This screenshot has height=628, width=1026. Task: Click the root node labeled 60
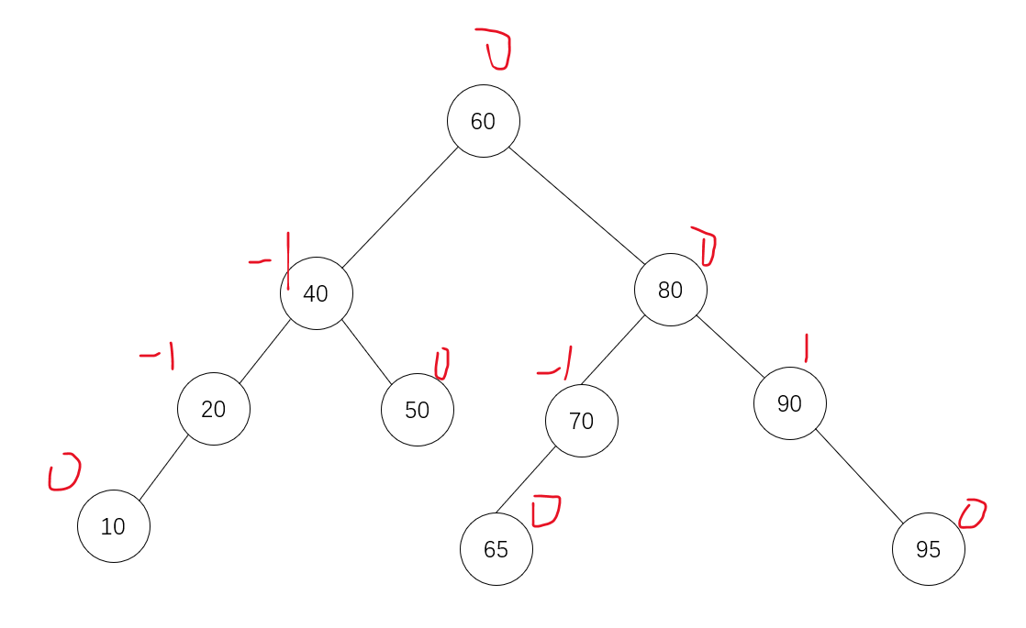484,121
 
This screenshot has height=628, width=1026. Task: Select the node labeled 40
317,293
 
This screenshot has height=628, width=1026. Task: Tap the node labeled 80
671,290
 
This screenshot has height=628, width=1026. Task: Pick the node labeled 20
214,409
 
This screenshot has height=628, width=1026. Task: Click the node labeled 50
418,410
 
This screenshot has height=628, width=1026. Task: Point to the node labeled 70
582,421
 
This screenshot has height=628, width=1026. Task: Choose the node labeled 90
790,403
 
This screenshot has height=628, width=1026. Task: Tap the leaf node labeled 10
114,526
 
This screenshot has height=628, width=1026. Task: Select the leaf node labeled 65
496,549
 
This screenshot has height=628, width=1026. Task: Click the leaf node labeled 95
929,549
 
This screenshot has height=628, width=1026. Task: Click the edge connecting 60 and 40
399,207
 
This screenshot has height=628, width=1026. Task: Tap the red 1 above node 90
806,347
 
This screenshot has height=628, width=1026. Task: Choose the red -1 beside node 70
556,365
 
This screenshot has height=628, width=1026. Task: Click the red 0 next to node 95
972,513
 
